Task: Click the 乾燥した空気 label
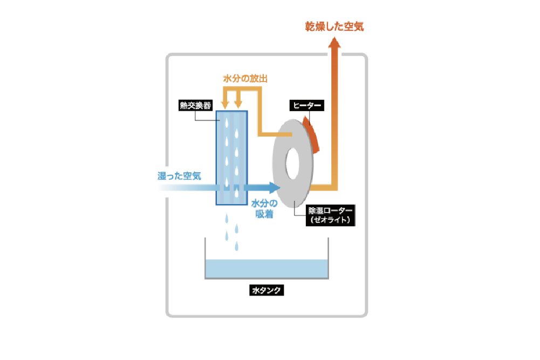click(x=334, y=26)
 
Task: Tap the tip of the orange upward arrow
click(x=334, y=37)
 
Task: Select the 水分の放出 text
click(x=245, y=79)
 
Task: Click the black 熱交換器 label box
click(x=195, y=105)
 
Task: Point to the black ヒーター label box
click(x=307, y=105)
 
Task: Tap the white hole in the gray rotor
click(x=292, y=164)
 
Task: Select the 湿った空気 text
click(x=179, y=176)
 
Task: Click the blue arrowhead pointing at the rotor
click(x=275, y=188)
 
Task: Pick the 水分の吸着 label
click(x=264, y=209)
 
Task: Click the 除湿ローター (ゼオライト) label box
click(x=330, y=215)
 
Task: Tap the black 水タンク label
click(x=266, y=290)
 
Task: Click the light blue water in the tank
click(x=266, y=268)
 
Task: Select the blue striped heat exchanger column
click(x=232, y=158)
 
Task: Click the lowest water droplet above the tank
click(x=237, y=246)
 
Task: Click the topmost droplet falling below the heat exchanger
click(x=227, y=218)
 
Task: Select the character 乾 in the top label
click(x=310, y=26)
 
